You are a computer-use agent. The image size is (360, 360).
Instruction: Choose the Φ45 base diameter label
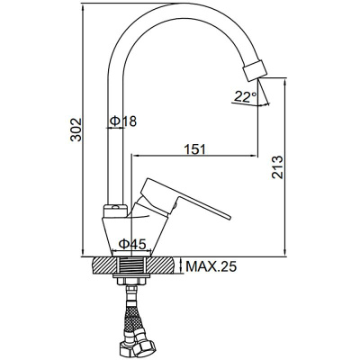pos(132,244)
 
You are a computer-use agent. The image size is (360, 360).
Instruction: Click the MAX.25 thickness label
pos(211,266)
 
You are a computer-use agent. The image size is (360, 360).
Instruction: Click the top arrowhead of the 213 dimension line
pos(286,81)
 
